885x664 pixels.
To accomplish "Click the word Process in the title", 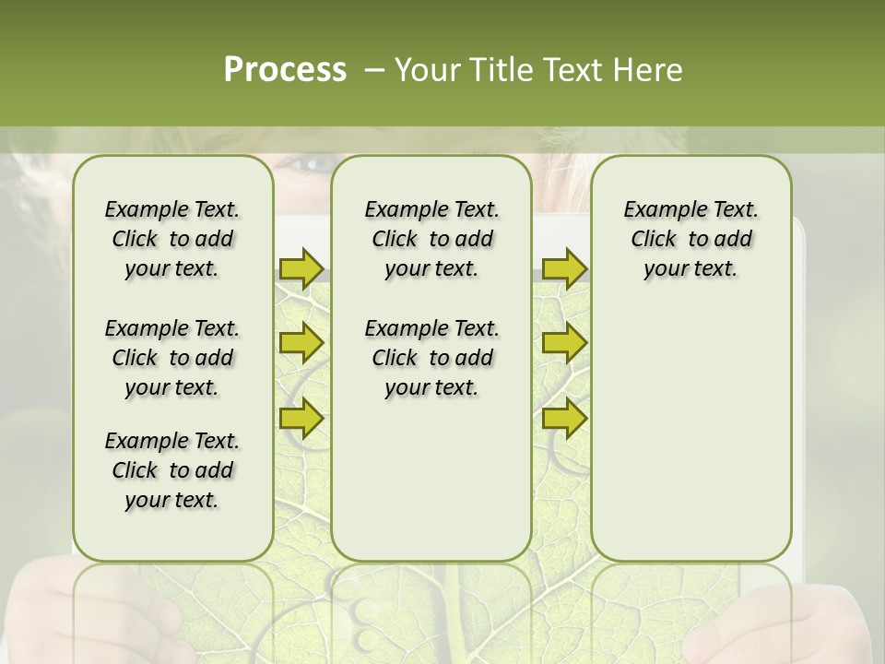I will click(285, 70).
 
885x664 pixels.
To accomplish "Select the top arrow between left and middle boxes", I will click(301, 268).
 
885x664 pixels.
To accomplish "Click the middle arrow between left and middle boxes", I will click(301, 343).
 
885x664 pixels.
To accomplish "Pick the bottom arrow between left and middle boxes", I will click(301, 418).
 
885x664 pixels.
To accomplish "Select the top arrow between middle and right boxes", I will click(564, 268).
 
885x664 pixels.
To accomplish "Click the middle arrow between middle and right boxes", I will click(564, 343).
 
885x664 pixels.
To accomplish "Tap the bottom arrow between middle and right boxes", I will click(564, 418).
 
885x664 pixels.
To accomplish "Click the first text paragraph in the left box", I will click(172, 239).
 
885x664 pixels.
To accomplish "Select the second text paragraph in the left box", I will click(172, 358).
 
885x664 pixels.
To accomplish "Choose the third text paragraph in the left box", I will click(172, 470).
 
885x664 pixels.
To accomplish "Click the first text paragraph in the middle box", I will click(431, 239).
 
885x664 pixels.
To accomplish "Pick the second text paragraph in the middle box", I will click(431, 358).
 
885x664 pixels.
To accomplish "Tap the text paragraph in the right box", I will click(690, 239).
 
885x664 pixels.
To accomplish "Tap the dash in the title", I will click(373, 70).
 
